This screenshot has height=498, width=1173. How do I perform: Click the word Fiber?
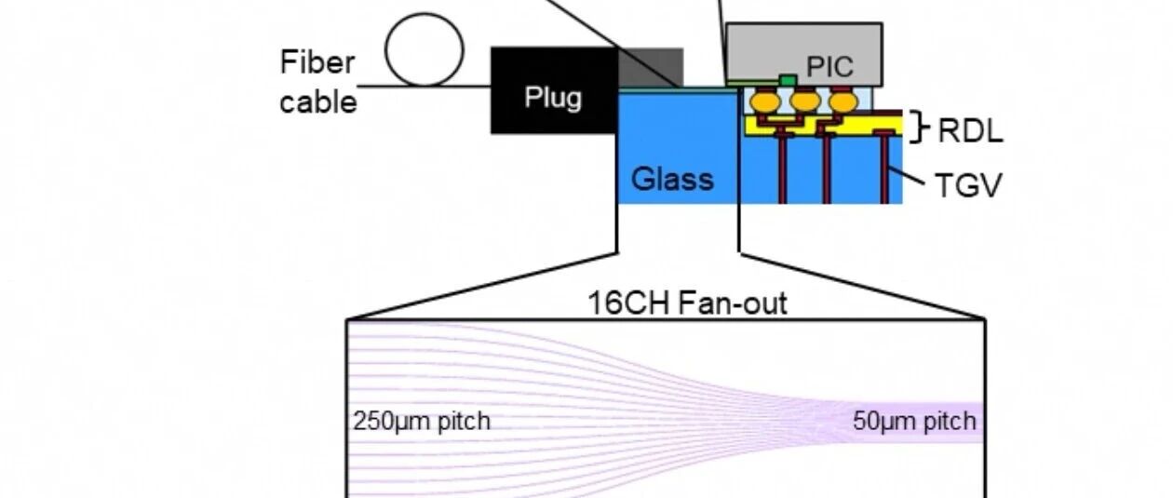pos(317,62)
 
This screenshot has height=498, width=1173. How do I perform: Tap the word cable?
pos(318,101)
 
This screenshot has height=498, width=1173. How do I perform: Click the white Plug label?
pos(553,98)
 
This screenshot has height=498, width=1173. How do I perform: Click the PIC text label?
pos(829,67)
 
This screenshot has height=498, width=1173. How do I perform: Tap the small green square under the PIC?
pos(788,81)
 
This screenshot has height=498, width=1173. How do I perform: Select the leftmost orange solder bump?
pos(766,102)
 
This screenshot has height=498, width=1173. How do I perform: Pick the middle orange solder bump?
pos(805,102)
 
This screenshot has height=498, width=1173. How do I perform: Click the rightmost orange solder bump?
pos(843,102)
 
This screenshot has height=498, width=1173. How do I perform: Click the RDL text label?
pos(970,130)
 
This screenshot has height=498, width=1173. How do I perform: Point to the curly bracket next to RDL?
pos(918,127)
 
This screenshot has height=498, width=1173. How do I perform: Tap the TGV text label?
pos(968,185)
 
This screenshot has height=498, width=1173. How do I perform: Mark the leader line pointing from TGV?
pos(907,175)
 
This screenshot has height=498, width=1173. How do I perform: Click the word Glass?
pos(672,180)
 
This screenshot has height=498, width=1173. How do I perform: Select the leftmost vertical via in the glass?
pos(782,167)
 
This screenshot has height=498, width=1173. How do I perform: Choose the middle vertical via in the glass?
pos(827,168)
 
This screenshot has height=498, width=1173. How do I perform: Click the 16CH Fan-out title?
pos(688,303)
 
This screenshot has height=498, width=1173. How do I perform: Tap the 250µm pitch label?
pos(422,421)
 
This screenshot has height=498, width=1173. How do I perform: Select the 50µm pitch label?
pos(914,421)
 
